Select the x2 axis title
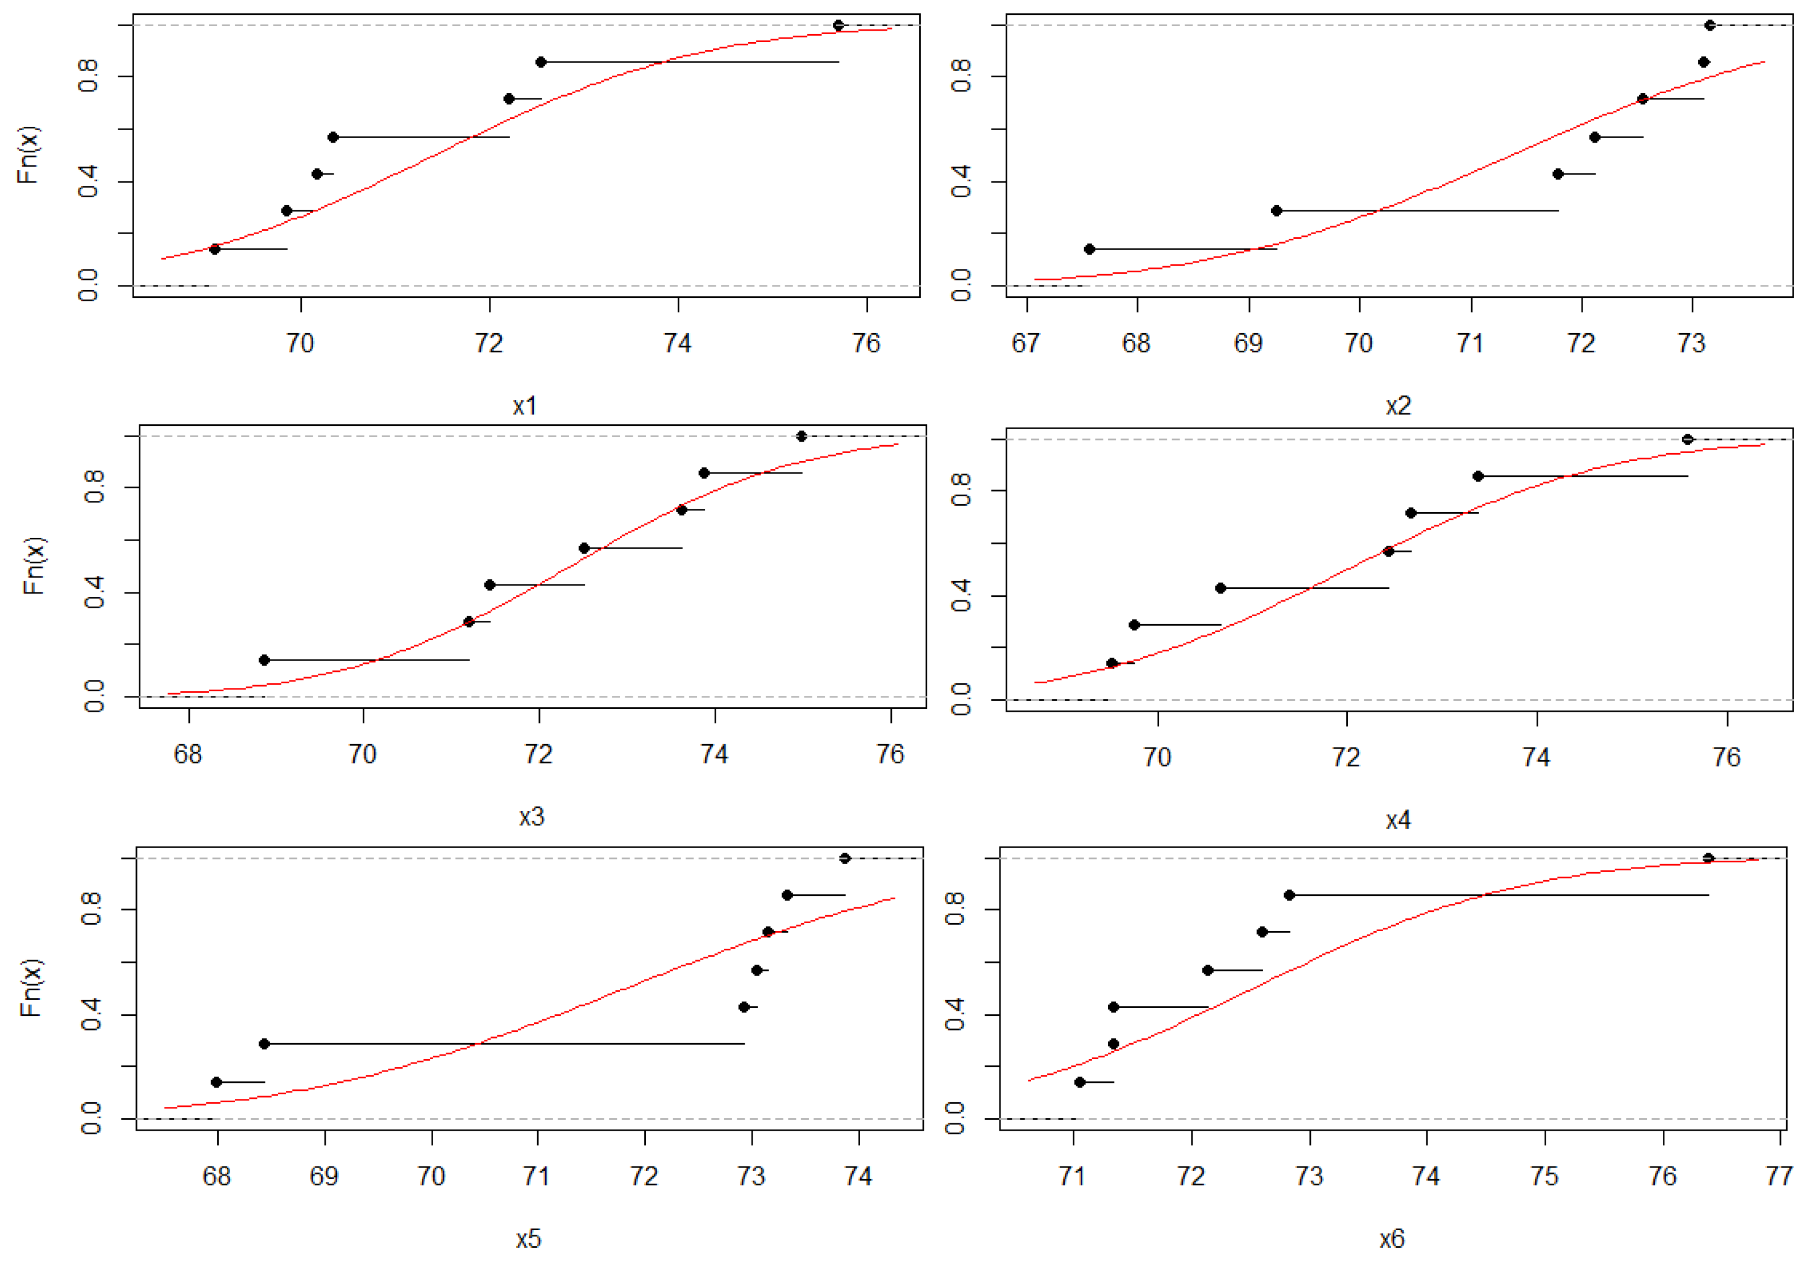[1398, 406]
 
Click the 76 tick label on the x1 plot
[866, 343]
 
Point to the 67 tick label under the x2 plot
[1026, 343]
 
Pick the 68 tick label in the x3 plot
[188, 754]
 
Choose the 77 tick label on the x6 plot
[1779, 1176]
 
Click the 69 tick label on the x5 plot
[324, 1176]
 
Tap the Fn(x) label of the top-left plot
[28, 155]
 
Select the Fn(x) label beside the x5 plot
[30, 988]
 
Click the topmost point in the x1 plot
[838, 25]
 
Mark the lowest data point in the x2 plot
[1090, 249]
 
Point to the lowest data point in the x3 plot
[265, 660]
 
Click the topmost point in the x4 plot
[1688, 439]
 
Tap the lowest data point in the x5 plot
[217, 1082]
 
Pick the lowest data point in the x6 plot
[1080, 1082]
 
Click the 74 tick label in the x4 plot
[1536, 757]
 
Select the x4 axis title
[1398, 820]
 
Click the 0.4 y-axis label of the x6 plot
[954, 1014]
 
